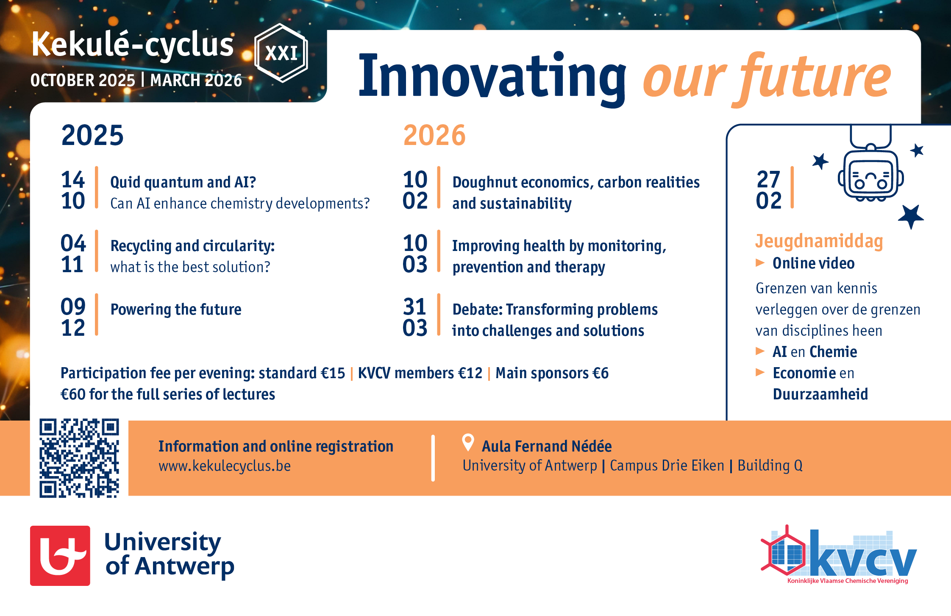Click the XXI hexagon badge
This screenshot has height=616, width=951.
[281, 53]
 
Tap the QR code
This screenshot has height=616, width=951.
[79, 458]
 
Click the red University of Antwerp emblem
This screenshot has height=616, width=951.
[60, 556]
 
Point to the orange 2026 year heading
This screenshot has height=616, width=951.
[434, 135]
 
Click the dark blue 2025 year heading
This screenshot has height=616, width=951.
[92, 135]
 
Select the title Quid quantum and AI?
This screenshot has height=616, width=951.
[183, 182]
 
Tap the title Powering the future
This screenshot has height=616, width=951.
[176, 309]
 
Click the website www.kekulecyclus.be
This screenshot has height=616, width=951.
[225, 466]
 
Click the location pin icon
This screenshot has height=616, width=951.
[468, 443]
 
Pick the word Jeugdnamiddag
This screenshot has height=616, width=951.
[819, 241]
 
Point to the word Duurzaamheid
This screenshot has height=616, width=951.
[820, 394]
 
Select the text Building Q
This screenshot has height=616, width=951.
[770, 465]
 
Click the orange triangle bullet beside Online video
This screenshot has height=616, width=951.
[760, 263]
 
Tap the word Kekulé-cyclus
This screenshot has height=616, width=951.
[132, 45]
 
